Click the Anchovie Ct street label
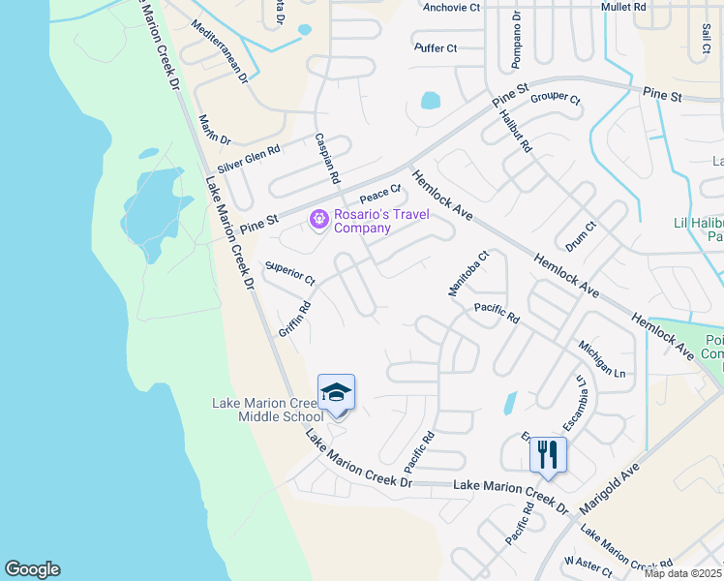tap(452, 7)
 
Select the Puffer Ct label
tap(436, 47)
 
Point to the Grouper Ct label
tap(555, 99)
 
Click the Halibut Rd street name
tap(516, 130)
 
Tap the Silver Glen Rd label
tap(249, 159)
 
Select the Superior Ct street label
tap(290, 274)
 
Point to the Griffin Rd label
tap(294, 319)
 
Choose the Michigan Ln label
tap(603, 357)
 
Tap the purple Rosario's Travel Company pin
tap(318, 221)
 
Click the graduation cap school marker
tap(336, 393)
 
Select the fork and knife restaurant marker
tap(548, 454)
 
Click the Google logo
tap(32, 569)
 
